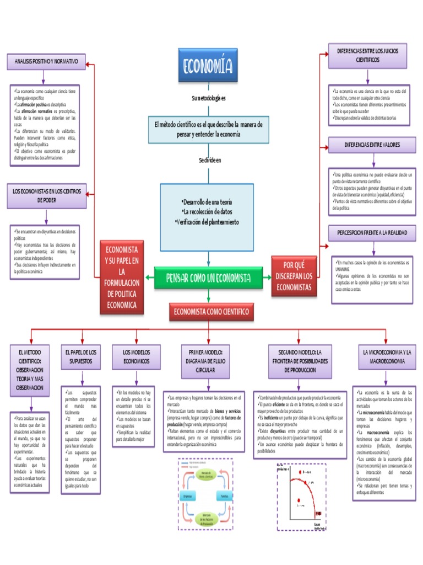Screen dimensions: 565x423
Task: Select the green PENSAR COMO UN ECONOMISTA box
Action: point(208,278)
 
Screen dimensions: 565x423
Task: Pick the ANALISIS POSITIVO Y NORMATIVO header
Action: point(46,61)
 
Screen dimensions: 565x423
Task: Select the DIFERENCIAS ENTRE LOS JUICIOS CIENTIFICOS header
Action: point(368,55)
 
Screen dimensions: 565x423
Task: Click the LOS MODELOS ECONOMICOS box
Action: point(135,357)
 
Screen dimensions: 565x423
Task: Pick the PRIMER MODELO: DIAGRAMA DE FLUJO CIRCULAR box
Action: point(205,360)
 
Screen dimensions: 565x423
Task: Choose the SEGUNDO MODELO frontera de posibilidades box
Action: point(300,360)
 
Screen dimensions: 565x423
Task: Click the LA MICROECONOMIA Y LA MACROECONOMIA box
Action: point(383,357)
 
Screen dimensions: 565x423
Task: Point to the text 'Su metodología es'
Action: point(209,98)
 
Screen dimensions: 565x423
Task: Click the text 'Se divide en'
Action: point(210,161)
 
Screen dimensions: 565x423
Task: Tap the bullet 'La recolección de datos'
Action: point(207,212)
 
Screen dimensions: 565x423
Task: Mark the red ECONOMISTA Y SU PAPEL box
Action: point(122,277)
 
